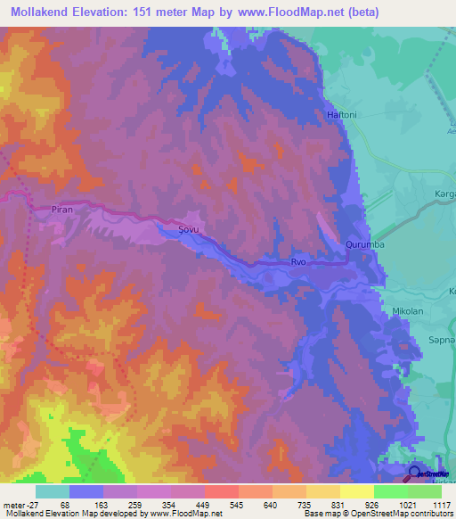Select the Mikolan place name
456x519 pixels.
click(x=409, y=310)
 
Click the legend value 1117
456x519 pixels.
click(x=443, y=504)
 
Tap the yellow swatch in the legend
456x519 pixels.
click(x=357, y=490)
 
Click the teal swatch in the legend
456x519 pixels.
click(x=53, y=490)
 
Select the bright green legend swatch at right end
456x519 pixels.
click(x=425, y=490)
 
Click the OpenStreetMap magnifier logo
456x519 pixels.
click(x=415, y=474)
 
